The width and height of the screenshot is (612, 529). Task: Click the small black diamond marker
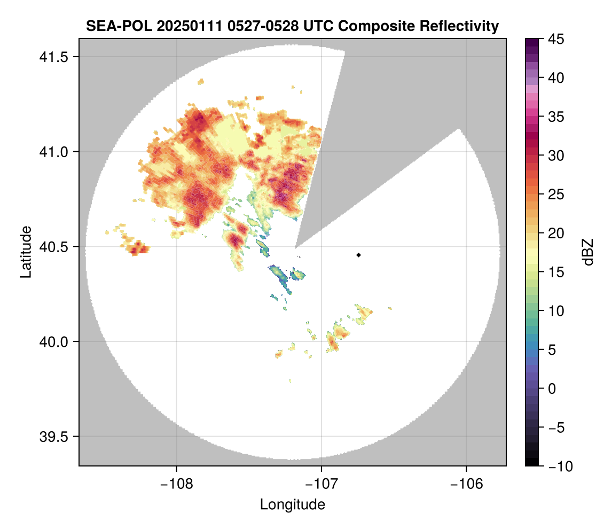(x=359, y=255)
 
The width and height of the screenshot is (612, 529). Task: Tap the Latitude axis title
(x=25, y=251)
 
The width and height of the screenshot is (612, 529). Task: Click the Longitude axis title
(x=292, y=504)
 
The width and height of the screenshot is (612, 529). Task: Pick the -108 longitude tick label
(x=176, y=484)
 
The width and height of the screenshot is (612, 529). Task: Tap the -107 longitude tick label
(x=321, y=484)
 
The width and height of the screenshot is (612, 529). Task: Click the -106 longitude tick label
(x=467, y=484)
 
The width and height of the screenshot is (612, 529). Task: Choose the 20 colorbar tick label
(x=556, y=233)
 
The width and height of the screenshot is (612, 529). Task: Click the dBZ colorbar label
(x=588, y=252)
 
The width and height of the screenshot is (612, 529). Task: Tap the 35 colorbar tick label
(x=556, y=116)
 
